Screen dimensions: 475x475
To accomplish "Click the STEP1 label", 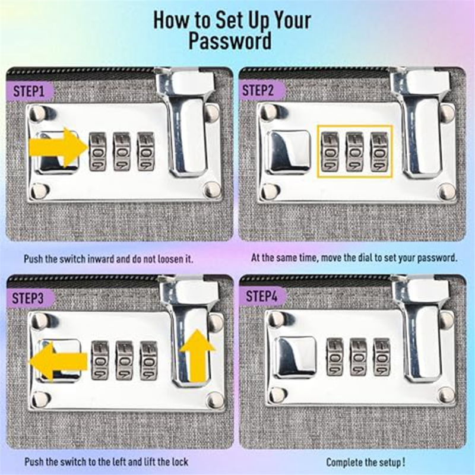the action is click(x=28, y=91).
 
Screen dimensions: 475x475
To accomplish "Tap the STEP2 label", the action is click(x=258, y=91).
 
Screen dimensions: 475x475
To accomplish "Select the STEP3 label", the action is click(x=28, y=299).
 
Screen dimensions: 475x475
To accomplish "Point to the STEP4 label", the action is click(x=261, y=296).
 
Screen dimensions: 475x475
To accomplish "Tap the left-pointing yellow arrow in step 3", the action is click(x=58, y=361).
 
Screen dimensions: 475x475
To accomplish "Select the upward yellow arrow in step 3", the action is click(x=198, y=355).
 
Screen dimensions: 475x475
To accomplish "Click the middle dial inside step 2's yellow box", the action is click(x=354, y=152).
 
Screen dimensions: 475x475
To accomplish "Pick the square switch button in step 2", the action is click(x=290, y=153).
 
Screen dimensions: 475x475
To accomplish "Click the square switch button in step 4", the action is click(x=296, y=358).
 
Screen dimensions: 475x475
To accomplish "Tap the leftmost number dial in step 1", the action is click(x=97, y=151).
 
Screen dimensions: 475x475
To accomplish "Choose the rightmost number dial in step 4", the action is click(x=382, y=357).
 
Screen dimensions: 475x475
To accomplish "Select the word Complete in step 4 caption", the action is click(x=344, y=463).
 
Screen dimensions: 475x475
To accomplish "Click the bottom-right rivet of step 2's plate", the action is click(x=447, y=192).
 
